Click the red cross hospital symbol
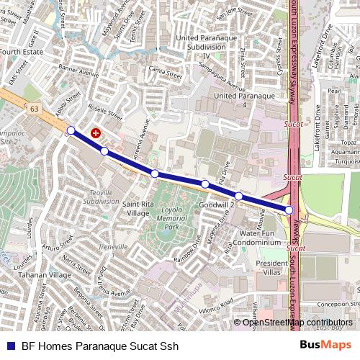pyautogui.click(x=96, y=133)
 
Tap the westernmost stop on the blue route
pyautogui.click(x=71, y=130)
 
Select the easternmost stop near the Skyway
pyautogui.click(x=289, y=210)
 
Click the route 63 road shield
pyautogui.click(x=35, y=109)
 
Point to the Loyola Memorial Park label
pyautogui.click(x=171, y=216)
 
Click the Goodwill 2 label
pyautogui.click(x=217, y=205)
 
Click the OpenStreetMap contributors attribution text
pyautogui.click(x=297, y=322)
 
